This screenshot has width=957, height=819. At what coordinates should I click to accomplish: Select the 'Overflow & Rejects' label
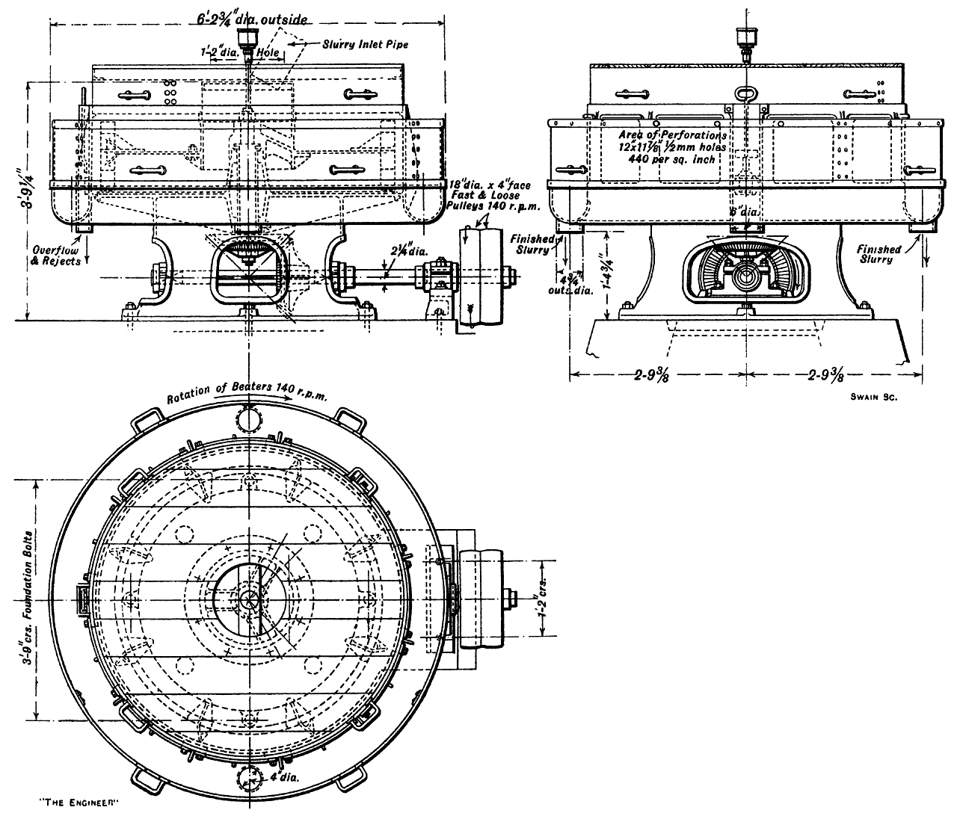pos(56,256)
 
